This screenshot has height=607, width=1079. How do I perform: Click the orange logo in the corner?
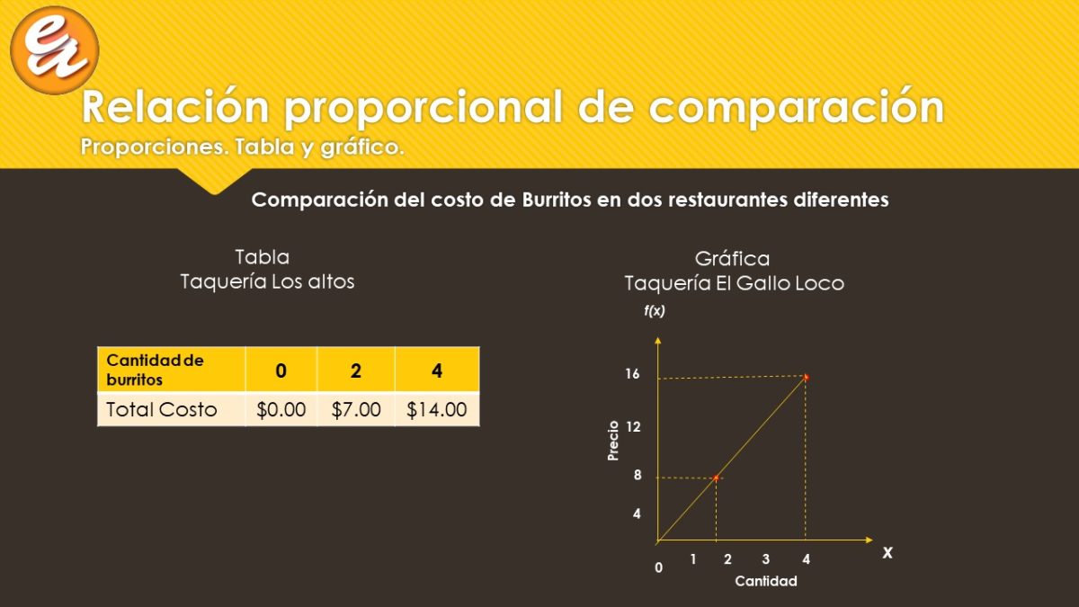point(55,50)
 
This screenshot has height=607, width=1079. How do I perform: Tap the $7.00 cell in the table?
point(356,409)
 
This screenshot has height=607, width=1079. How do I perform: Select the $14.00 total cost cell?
point(437,409)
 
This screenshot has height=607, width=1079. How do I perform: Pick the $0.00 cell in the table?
point(281,409)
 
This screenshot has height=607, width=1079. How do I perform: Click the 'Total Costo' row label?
point(162,409)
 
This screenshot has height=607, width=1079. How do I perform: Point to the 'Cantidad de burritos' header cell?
point(171,370)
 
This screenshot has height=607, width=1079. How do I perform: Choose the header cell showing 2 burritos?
point(356,370)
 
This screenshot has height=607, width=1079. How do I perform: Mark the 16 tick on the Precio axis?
point(632,374)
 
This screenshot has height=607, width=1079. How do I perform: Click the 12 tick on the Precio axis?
point(633,427)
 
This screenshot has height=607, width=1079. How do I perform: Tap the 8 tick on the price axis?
point(638,475)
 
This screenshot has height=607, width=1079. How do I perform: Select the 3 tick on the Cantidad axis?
point(766,558)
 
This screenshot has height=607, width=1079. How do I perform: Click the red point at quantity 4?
point(806,377)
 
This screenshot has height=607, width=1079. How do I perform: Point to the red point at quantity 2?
point(717,478)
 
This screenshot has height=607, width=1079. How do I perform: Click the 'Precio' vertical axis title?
point(612,441)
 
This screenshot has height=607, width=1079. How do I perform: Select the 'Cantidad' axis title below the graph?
point(766,581)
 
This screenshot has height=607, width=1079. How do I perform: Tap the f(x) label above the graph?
point(655,311)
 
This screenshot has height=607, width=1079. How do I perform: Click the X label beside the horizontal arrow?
point(887,552)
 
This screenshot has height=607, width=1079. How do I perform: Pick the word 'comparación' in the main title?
point(797,107)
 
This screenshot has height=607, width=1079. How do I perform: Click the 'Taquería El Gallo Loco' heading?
point(735,283)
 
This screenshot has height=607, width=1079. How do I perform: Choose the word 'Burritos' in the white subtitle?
point(557,200)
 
